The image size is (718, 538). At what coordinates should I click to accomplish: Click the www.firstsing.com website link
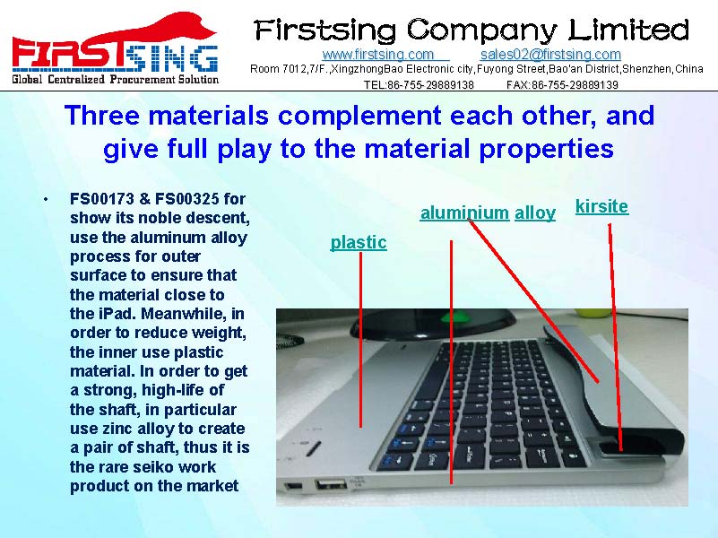coord(377,55)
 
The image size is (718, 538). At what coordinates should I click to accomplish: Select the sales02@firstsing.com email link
coord(550,55)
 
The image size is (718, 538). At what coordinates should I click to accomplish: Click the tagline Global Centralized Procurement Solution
coord(116,79)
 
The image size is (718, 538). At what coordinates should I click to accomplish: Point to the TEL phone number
coord(419,84)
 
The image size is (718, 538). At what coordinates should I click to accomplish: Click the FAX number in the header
coord(562,84)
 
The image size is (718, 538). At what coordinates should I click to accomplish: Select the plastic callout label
coord(359,243)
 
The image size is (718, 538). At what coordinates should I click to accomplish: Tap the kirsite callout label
coord(601,206)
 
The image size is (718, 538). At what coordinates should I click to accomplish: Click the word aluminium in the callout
coord(464,213)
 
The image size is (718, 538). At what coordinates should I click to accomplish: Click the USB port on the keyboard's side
coord(330,484)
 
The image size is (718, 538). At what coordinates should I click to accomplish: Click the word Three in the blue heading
coord(102,115)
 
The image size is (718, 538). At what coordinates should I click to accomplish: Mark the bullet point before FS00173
coord(46,200)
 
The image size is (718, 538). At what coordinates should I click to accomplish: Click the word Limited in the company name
coord(628,30)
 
